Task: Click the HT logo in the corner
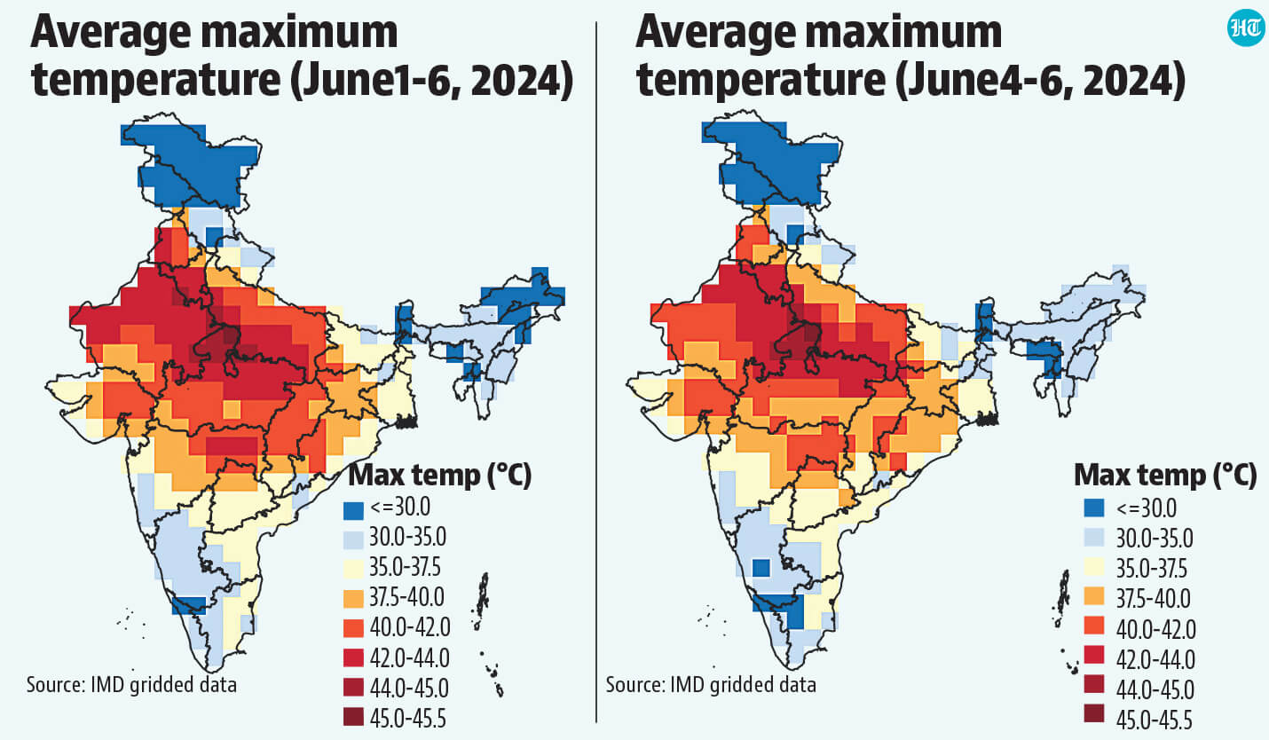[1246, 28]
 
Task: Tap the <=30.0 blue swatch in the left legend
[353, 510]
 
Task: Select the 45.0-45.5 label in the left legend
[408, 719]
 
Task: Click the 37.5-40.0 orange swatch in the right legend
[1094, 596]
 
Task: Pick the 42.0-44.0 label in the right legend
[1155, 659]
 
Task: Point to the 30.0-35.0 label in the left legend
[408, 537]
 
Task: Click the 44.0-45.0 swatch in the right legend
[1094, 683]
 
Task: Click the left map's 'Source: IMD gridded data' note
[131, 684]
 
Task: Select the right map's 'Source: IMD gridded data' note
[711, 684]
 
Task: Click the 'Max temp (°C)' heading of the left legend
[439, 475]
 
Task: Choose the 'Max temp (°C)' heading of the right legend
[1165, 475]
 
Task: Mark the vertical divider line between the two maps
[596, 372]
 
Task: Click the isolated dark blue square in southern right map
[761, 568]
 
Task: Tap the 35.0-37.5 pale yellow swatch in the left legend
[353, 567]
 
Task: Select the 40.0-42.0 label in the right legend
[1155, 629]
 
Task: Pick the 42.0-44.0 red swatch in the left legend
[353, 657]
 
